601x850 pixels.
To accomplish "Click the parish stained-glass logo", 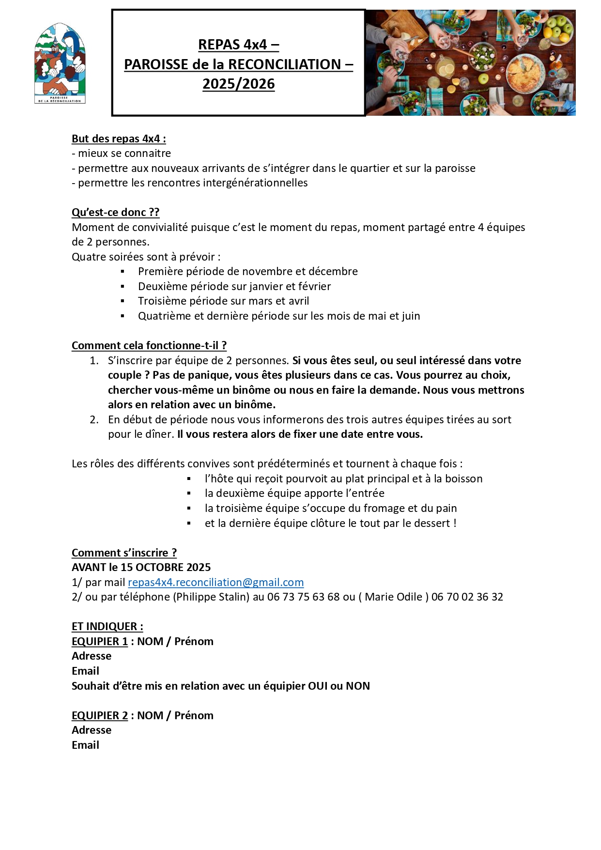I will (x=60, y=63).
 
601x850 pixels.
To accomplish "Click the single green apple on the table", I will (x=483, y=78).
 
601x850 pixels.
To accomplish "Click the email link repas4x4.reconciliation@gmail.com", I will (x=216, y=582).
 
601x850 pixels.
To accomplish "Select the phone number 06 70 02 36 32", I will (x=467, y=597).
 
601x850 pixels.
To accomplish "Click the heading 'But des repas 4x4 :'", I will (x=119, y=139).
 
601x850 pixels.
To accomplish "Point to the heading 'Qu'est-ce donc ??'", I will (x=115, y=212).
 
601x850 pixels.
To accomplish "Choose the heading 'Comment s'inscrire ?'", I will (x=124, y=553).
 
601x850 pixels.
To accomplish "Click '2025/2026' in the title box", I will (x=238, y=84).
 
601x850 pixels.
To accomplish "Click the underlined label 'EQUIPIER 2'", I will (x=100, y=715).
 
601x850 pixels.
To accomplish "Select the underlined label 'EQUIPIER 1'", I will (x=100, y=641).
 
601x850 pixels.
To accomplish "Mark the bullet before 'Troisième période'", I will (x=123, y=301).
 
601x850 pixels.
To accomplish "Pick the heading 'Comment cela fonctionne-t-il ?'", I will (x=149, y=345).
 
